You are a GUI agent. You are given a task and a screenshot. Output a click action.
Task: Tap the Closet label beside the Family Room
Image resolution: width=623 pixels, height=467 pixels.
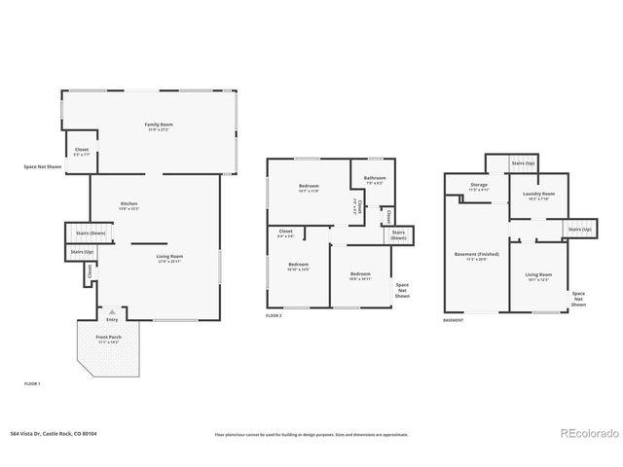pos(82,151)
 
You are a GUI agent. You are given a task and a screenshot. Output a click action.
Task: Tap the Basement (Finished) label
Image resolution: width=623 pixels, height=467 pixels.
pos(477,257)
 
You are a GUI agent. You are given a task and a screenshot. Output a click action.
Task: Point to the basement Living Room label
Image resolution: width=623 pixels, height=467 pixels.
pos(538,277)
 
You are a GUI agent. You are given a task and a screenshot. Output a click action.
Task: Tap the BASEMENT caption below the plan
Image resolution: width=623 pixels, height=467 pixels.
pos(453,319)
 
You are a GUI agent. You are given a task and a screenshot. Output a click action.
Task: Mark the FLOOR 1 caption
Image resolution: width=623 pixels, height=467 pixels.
pos(33,384)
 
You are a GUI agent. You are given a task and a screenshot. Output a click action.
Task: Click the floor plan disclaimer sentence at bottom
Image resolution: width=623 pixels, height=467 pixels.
pos(311,434)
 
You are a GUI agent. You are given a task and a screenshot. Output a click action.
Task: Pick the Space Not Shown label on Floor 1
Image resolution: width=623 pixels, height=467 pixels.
pos(43,166)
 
